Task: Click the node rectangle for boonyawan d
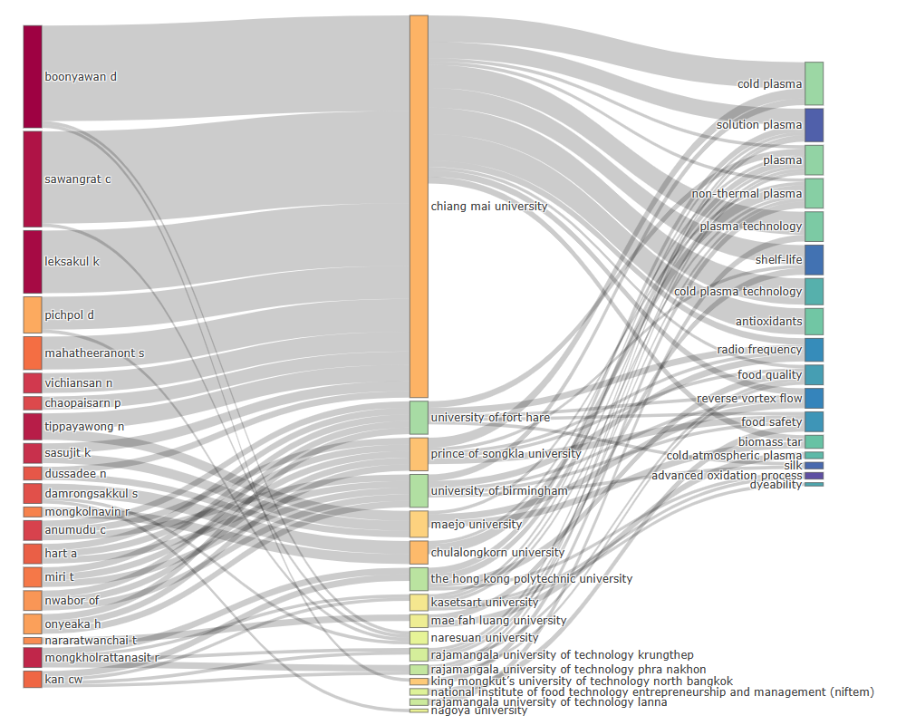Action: point(33,76)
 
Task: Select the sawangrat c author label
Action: point(78,179)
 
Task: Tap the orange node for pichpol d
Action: point(33,314)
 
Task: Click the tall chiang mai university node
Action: point(419,206)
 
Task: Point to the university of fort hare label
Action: point(490,418)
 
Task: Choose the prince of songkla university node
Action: point(419,454)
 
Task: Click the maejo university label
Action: point(477,524)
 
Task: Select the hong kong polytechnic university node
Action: point(419,579)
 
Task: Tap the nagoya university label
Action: point(479,710)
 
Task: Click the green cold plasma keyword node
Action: point(814,83)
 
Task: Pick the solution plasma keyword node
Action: point(814,125)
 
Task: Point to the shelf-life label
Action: point(778,259)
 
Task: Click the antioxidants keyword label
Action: point(768,322)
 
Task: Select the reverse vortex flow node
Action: point(814,398)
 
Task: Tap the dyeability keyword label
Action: point(775,485)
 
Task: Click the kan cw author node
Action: point(33,679)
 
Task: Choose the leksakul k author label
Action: point(72,261)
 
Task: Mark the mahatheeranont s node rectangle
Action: point(33,353)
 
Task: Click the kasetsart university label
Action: point(485,603)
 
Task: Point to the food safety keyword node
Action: point(814,421)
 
